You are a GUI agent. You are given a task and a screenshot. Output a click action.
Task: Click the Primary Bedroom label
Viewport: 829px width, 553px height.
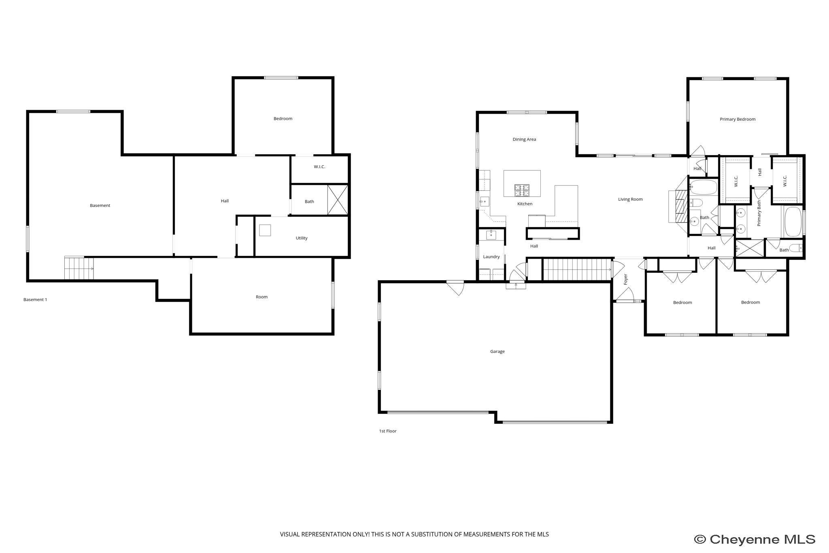point(737,119)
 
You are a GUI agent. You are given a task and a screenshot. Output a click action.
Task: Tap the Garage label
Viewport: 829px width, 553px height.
point(497,351)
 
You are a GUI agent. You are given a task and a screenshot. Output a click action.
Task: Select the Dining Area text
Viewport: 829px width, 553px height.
point(524,139)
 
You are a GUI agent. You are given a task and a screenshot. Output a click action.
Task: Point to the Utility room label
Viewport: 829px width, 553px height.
point(301,238)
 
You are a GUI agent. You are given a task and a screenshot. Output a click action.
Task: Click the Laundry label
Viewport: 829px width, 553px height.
point(491,257)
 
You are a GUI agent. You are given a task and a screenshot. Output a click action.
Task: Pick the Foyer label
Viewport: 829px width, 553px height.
point(625,279)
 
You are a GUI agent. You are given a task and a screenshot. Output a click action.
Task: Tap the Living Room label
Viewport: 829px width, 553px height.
point(630,199)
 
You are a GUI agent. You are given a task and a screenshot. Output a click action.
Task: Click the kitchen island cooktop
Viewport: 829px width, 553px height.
point(522,188)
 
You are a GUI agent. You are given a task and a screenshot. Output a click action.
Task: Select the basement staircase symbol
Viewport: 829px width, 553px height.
point(79,268)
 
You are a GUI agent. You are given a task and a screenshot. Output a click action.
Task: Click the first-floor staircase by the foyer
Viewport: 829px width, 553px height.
point(576,270)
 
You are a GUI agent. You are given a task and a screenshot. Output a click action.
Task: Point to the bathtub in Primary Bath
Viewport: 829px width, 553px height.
point(793,222)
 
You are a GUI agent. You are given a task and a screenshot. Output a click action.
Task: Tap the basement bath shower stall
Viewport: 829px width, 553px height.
point(337,200)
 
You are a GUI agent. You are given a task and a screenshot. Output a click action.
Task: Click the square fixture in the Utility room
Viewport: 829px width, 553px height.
point(265,230)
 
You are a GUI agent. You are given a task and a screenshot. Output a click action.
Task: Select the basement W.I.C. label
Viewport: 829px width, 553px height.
point(319,167)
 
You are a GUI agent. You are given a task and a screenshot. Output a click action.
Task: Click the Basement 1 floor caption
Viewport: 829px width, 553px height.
point(35,300)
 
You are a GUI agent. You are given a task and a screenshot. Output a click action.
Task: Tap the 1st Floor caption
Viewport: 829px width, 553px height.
point(387,431)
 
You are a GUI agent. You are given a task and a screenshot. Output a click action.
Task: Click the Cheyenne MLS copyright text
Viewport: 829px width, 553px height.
point(755,539)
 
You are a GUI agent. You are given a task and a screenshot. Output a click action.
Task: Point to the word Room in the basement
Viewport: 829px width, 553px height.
point(261,297)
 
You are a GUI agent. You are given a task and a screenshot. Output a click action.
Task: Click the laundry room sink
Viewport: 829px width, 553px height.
point(491,235)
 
